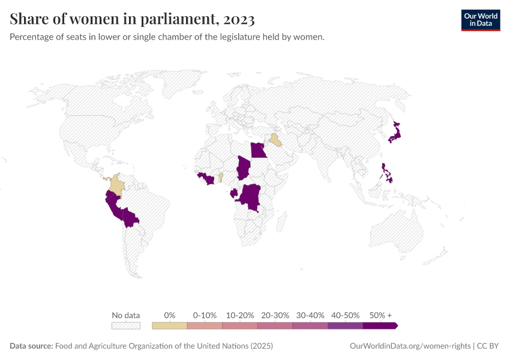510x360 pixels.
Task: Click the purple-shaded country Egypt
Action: pyautogui.click(x=258, y=150)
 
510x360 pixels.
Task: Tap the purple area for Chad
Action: pyautogui.click(x=244, y=168)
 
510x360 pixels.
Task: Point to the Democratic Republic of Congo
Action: pyautogui.click(x=250, y=197)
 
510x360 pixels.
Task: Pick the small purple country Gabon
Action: pyautogui.click(x=233, y=193)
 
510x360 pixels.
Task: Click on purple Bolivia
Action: pyautogui.click(x=131, y=217)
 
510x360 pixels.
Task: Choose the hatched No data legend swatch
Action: pyautogui.click(x=126, y=326)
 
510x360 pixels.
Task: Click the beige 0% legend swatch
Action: pyautogui.click(x=169, y=326)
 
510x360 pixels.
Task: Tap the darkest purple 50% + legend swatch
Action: pyautogui.click(x=380, y=326)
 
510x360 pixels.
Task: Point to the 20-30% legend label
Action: pyautogui.click(x=275, y=315)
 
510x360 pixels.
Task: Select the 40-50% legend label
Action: pyautogui.click(x=345, y=315)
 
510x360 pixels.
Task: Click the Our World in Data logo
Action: pyautogui.click(x=480, y=20)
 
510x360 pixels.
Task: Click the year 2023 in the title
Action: pyautogui.click(x=239, y=20)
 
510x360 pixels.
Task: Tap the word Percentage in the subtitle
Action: pyautogui.click(x=33, y=37)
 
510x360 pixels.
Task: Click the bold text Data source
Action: pyautogui.click(x=31, y=346)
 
